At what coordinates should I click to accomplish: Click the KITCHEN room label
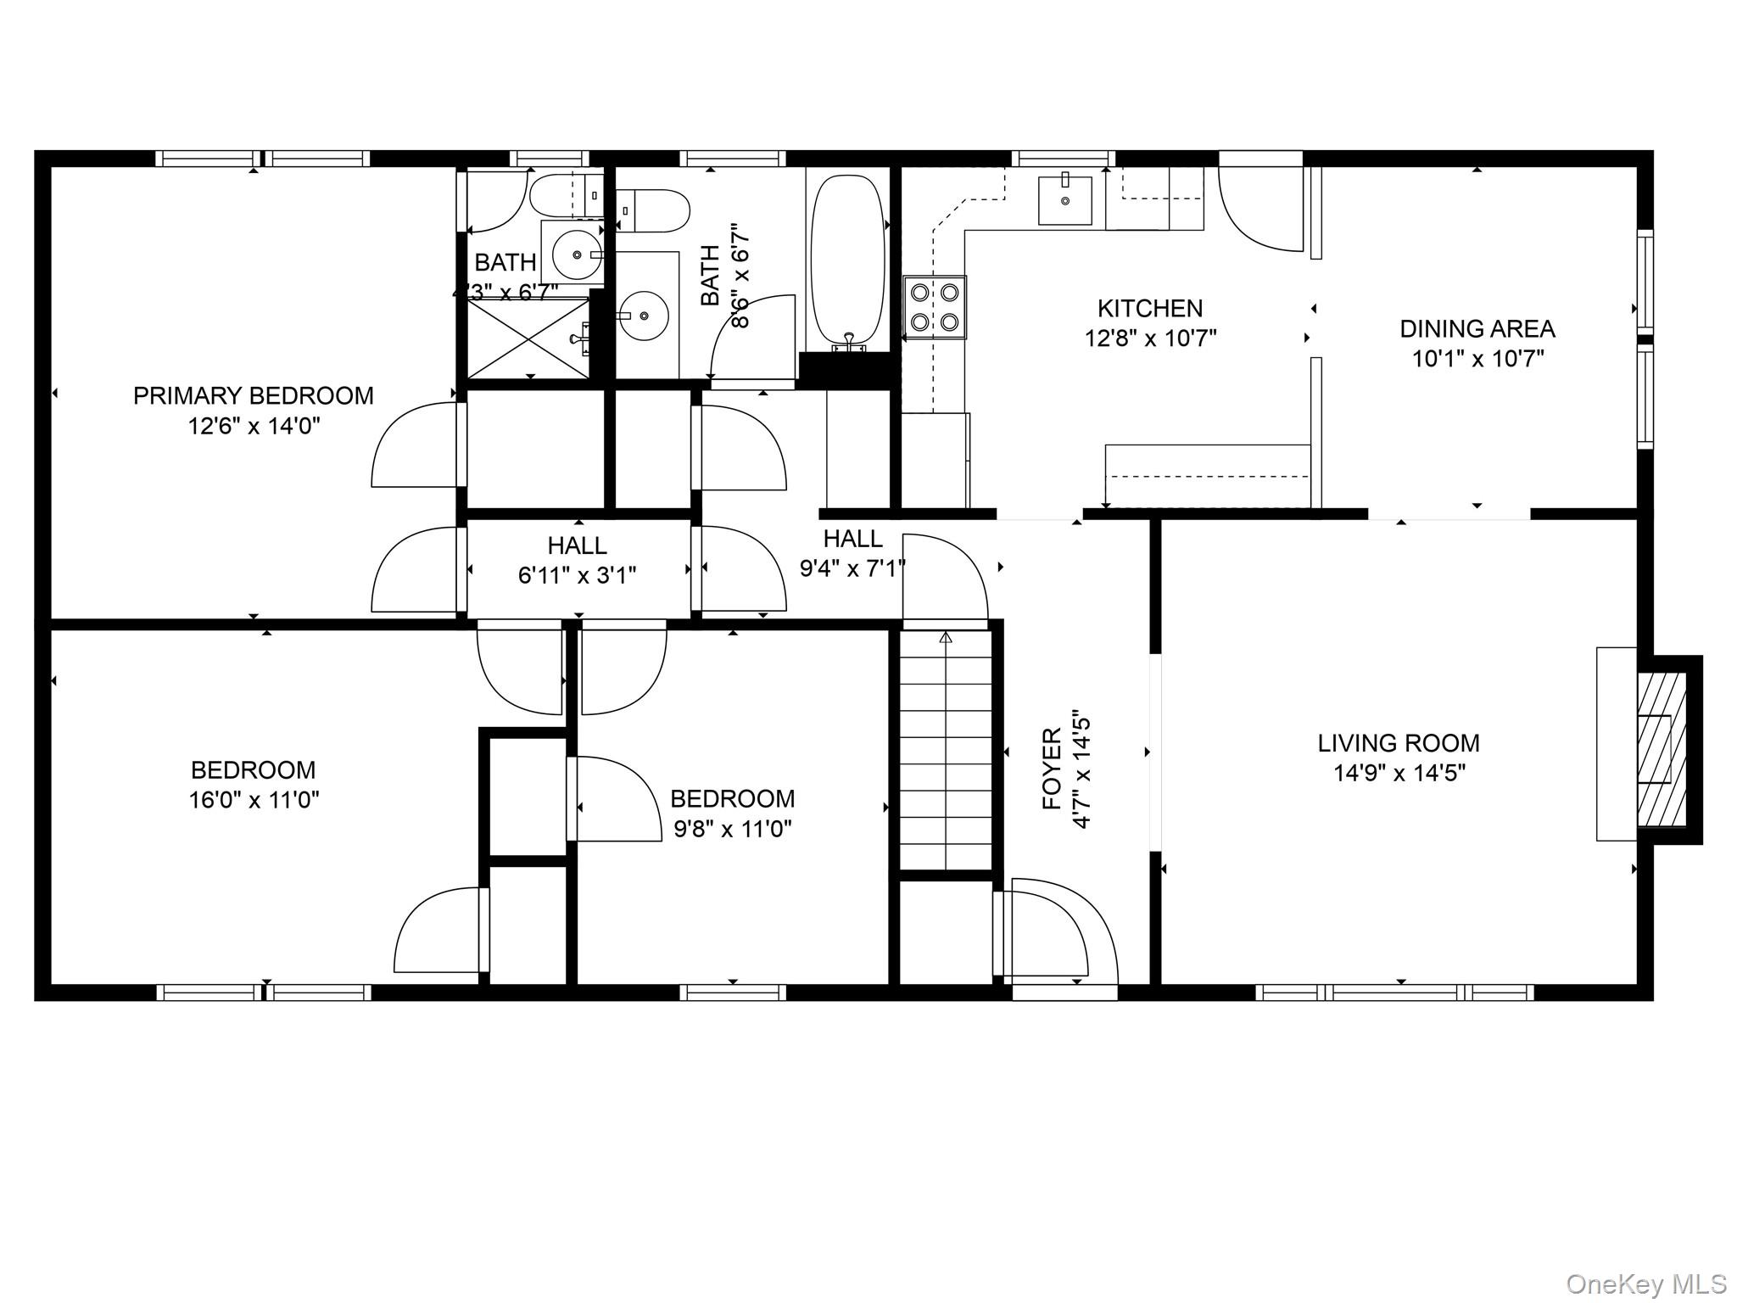point(1150,308)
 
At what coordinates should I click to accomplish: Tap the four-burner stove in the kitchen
point(935,307)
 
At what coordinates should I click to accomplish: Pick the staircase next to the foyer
point(946,750)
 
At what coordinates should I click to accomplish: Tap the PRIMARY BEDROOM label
point(254,395)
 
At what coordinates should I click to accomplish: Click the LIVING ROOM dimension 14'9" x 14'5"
point(1399,773)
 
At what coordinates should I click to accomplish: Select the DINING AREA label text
point(1477,328)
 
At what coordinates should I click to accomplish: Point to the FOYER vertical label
point(1052,769)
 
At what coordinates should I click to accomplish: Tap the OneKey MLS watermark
point(1646,1283)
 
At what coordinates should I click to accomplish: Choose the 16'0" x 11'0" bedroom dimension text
point(254,800)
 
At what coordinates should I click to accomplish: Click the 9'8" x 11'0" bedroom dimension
point(733,829)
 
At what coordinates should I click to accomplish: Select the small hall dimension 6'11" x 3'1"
point(577,575)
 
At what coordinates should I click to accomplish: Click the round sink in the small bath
point(578,254)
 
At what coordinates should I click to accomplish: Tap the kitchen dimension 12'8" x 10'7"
point(1150,338)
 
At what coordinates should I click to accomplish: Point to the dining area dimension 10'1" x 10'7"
point(1477,359)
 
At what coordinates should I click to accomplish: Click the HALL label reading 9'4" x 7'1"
point(853,553)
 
